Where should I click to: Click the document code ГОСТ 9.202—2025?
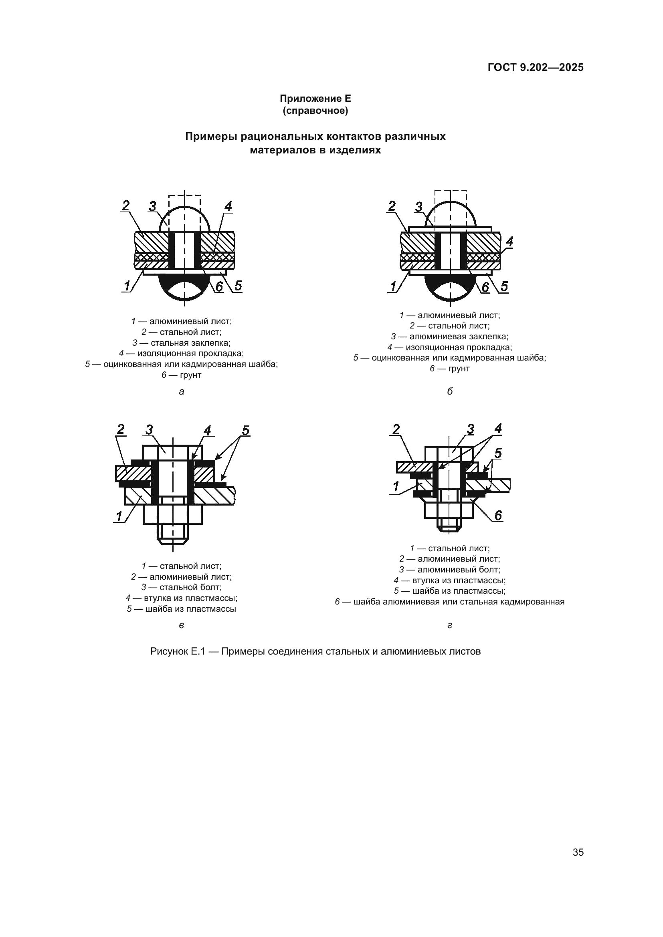[x=535, y=68]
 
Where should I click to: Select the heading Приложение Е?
[x=315, y=99]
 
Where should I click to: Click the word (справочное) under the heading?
[x=315, y=111]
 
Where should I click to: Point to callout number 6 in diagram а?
[x=219, y=286]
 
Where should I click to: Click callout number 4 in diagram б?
[x=509, y=242]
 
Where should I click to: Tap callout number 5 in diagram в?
[x=245, y=431]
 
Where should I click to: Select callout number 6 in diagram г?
[x=498, y=516]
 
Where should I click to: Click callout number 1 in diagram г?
[x=396, y=486]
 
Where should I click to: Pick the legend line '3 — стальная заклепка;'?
[x=181, y=343]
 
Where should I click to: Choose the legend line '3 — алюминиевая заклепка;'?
[x=449, y=337]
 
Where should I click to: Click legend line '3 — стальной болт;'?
[x=181, y=587]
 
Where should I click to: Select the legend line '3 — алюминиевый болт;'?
[x=449, y=570]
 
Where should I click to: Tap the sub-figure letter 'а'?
[x=181, y=392]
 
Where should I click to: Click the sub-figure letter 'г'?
[x=449, y=625]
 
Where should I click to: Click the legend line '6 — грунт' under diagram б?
[x=449, y=369]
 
